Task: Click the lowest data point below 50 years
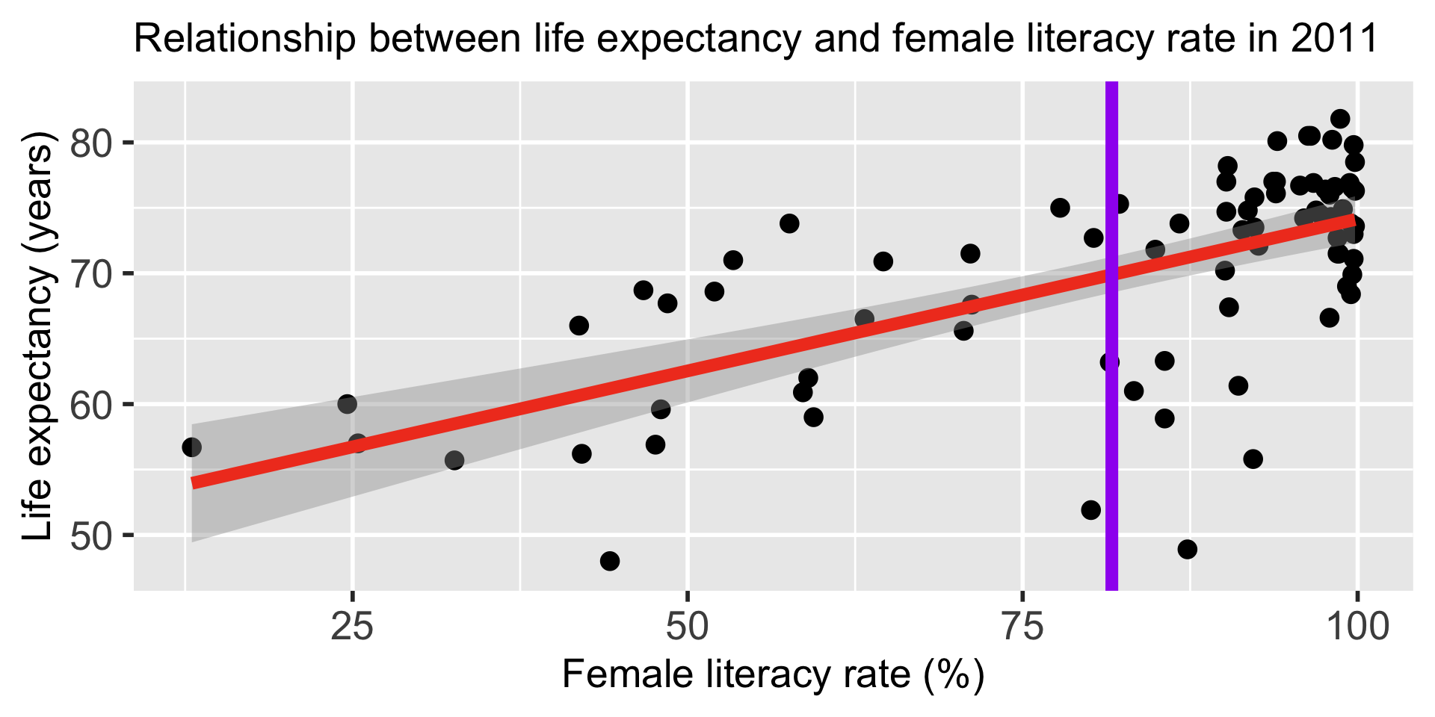coord(610,561)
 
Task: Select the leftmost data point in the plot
coord(191,447)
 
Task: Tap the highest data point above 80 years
coord(1340,119)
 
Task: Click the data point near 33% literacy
coord(454,460)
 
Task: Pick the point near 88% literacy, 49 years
coord(1187,550)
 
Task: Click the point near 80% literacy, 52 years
coord(1091,510)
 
